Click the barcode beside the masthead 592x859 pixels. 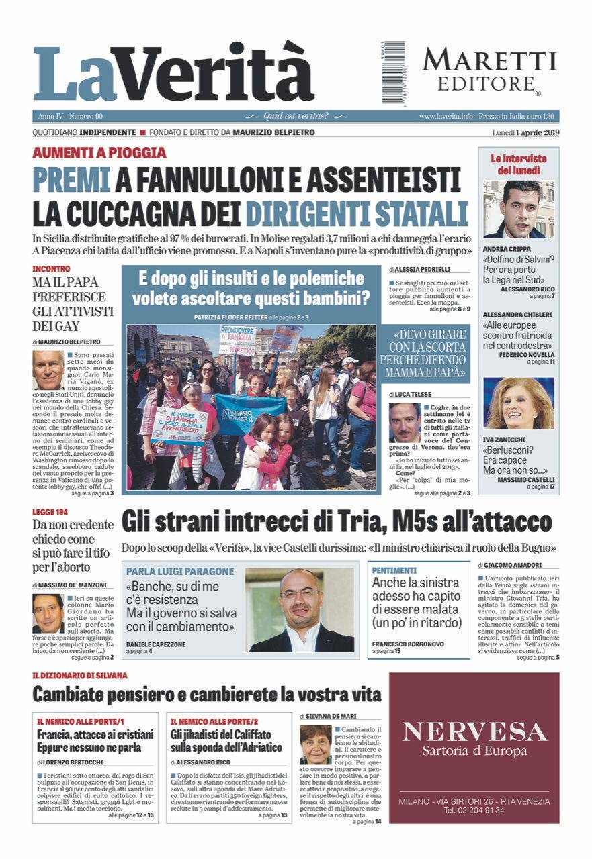(x=394, y=72)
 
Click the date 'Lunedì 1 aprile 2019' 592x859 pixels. (x=525, y=132)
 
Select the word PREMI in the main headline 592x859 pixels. (x=72, y=180)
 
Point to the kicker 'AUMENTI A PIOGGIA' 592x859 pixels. (x=99, y=152)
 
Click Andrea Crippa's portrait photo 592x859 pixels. (x=518, y=209)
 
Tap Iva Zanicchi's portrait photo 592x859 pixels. (x=518, y=403)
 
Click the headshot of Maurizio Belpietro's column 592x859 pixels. (x=48, y=370)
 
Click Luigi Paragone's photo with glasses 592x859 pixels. (x=299, y=610)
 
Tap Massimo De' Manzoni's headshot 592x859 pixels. (x=48, y=613)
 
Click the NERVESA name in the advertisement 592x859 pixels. (x=474, y=731)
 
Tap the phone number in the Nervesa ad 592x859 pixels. (x=474, y=810)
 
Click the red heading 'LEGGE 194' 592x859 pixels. (x=52, y=513)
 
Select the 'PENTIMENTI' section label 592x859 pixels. (x=394, y=570)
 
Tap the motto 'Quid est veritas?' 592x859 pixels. (x=296, y=116)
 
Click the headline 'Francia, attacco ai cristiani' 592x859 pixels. (x=95, y=734)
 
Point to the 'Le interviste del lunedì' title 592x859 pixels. (x=518, y=164)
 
